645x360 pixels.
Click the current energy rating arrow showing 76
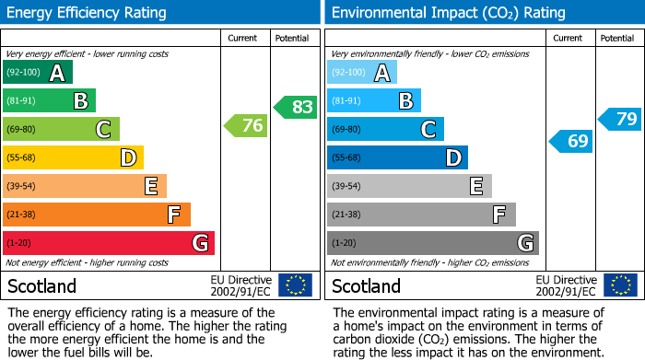click(247, 126)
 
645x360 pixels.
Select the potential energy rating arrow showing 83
click(295, 107)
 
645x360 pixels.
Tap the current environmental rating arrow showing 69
click(571, 141)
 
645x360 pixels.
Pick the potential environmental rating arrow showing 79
click(620, 119)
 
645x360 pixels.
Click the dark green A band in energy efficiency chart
click(38, 73)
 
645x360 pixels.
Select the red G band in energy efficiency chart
click(109, 243)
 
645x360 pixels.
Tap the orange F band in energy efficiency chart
click(97, 215)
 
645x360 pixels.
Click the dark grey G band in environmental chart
click(432, 243)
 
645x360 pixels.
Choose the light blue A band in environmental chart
click(362, 73)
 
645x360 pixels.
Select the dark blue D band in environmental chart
click(397, 157)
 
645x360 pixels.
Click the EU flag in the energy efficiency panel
click(295, 285)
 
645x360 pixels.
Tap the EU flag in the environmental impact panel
click(619, 285)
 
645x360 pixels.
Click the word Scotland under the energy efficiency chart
click(42, 285)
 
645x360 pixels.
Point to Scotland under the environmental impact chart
click(367, 285)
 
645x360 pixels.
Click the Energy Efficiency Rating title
click(88, 13)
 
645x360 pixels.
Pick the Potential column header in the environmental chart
click(616, 38)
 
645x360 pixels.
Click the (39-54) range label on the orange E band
click(23, 186)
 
